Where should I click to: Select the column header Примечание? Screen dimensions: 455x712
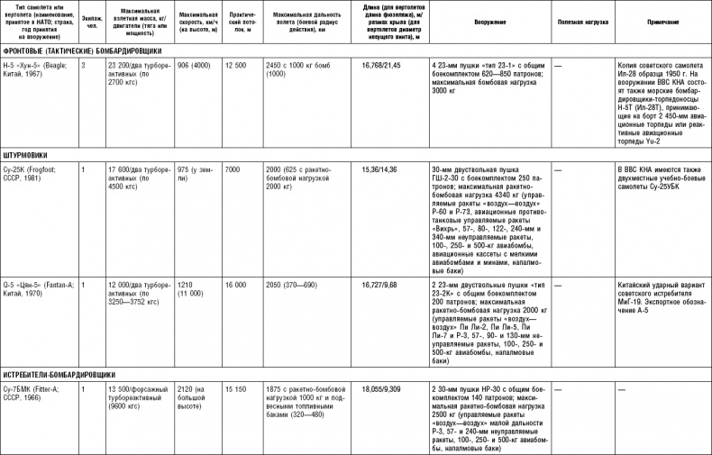click(x=662, y=19)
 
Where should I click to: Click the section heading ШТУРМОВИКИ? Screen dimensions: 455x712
click(x=24, y=154)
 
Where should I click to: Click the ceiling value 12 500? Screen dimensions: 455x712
click(x=235, y=66)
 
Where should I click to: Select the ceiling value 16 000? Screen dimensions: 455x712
click(x=235, y=284)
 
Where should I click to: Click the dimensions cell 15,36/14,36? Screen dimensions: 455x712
click(x=381, y=169)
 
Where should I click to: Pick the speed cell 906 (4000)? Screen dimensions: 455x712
click(x=195, y=66)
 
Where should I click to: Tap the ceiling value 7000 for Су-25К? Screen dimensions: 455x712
click(x=233, y=169)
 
